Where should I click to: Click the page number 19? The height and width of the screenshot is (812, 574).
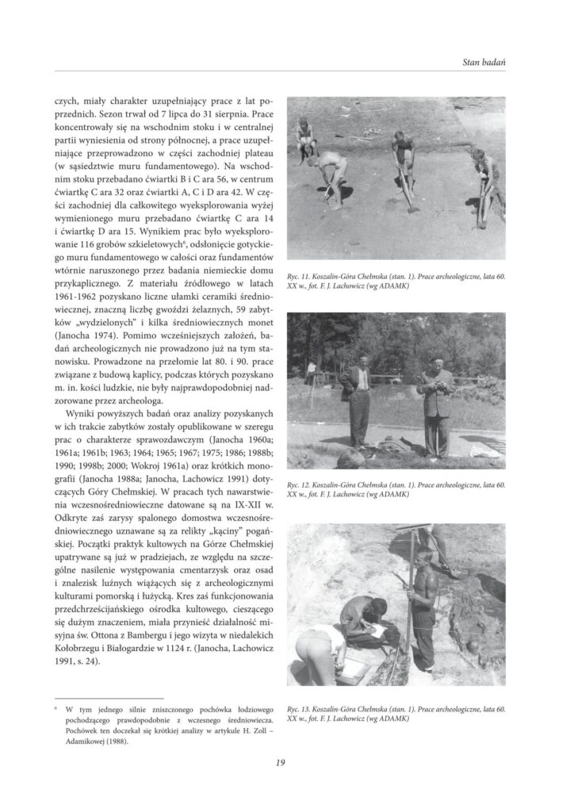pos(281,764)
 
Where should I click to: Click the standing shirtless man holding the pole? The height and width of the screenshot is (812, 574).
pos(423,603)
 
